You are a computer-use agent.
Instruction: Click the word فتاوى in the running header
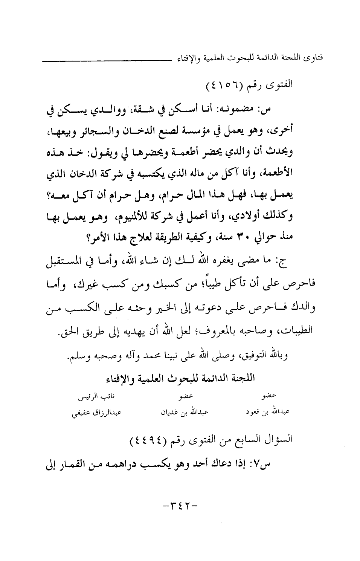click(317, 58)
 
